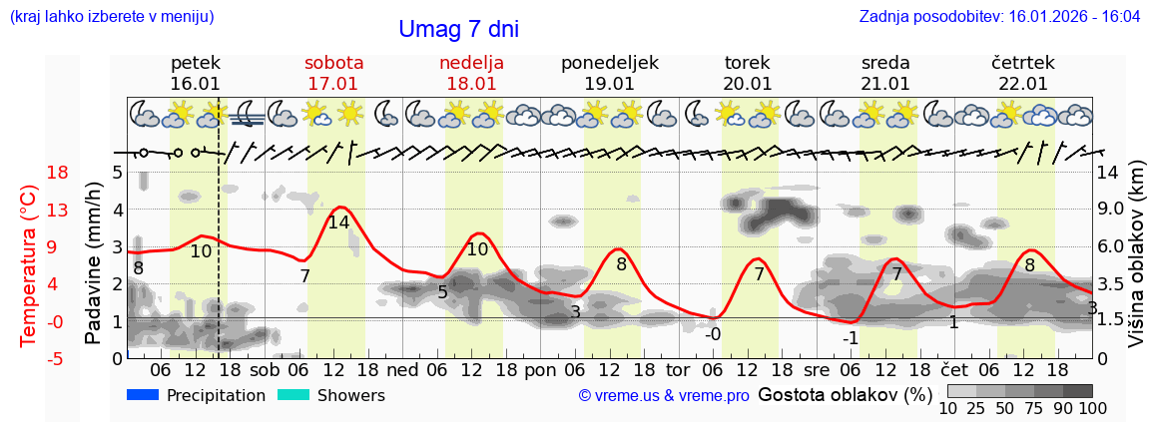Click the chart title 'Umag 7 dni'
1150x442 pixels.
458,30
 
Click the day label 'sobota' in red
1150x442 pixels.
333,63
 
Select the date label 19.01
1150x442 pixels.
609,84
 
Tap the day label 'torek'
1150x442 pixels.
748,63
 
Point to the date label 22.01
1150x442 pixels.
1023,84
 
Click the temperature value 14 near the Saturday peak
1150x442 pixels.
338,222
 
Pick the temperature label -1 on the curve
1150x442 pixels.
850,337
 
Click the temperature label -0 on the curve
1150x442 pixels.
712,333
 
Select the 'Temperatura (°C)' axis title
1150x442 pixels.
28,265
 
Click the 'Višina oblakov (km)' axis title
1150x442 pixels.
1137,265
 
